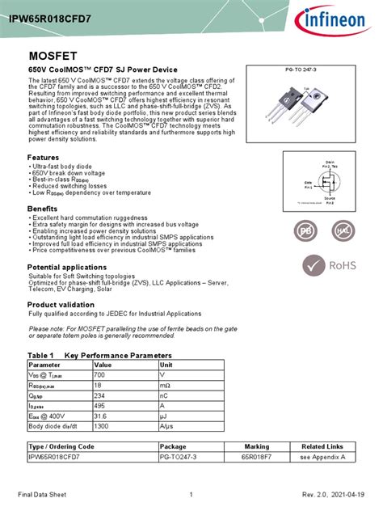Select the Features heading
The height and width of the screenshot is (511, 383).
click(44, 157)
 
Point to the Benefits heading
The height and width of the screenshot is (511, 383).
click(42, 209)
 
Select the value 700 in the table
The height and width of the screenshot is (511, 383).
click(100, 375)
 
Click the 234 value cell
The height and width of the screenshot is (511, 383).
click(100, 396)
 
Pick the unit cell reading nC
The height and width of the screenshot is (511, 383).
click(165, 396)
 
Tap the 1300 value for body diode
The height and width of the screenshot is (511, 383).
click(102, 426)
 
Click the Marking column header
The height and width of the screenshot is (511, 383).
click(257, 446)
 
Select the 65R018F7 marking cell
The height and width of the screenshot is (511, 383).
click(257, 457)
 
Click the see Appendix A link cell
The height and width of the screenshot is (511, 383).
click(322, 457)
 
